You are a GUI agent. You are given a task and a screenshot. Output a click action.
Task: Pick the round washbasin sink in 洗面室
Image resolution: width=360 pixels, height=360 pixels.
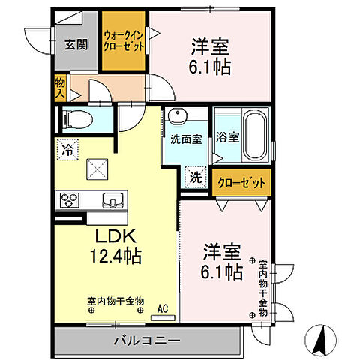[177, 116]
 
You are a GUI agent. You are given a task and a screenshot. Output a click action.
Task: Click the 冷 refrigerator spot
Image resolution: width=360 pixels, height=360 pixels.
[66, 149]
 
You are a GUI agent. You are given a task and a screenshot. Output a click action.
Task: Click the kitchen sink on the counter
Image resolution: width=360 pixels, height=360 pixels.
[111, 200]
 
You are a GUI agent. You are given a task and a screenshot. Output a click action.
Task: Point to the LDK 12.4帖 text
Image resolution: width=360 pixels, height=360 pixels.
[115, 244]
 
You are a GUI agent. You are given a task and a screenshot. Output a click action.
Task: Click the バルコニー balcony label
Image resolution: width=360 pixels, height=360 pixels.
[146, 340]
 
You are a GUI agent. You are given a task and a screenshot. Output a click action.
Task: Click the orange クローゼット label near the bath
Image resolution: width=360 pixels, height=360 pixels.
[241, 182]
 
